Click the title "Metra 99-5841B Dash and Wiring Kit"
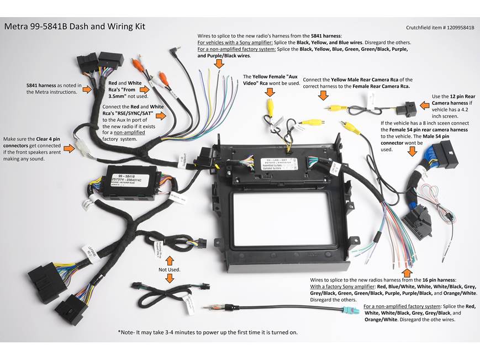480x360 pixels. pos(75,26)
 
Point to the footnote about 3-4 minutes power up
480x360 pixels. pos(208,332)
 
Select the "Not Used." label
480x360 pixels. pos(170,269)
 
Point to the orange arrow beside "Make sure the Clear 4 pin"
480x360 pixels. pos(68,148)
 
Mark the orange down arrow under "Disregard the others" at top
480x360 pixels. pos(219,64)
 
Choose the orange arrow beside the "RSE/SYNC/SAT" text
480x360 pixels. pos(162,115)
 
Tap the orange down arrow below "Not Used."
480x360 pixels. pos(170,280)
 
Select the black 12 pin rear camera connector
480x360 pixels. pos(409,107)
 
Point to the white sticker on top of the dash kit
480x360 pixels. pos(277,163)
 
